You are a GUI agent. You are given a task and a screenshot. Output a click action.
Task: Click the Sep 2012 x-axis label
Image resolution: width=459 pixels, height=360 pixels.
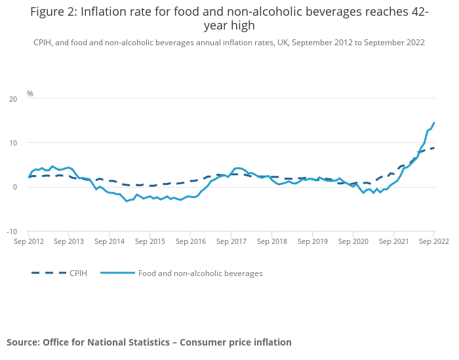[x=29, y=241]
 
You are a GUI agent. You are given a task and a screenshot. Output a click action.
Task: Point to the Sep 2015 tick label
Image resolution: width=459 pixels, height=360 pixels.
[x=150, y=241]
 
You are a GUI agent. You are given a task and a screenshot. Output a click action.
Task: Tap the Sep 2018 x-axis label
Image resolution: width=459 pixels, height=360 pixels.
[x=271, y=241]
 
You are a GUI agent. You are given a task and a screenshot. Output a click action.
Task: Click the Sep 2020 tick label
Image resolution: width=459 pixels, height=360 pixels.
[x=353, y=241]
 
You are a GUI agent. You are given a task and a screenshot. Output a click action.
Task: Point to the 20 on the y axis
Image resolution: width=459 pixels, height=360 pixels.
[x=13, y=99]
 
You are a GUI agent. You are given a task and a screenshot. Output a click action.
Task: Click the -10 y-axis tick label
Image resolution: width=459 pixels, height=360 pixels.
[x=12, y=231]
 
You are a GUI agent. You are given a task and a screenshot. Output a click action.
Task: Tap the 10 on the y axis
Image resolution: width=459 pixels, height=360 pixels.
[x=13, y=143]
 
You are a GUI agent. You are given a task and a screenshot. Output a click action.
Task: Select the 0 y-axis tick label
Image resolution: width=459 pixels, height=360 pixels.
[x=15, y=188]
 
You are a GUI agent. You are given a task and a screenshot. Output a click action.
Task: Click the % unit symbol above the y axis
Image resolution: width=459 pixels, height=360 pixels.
[x=30, y=94]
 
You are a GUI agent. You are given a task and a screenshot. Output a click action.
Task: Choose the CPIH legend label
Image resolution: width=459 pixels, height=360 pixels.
[x=78, y=273]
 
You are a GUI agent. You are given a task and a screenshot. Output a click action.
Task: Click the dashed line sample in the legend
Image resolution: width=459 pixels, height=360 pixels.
[x=49, y=273]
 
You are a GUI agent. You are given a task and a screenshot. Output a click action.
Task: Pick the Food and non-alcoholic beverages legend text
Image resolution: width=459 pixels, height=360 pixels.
[x=200, y=273]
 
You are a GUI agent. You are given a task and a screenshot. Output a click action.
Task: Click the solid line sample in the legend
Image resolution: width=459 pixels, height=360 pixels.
[x=118, y=273]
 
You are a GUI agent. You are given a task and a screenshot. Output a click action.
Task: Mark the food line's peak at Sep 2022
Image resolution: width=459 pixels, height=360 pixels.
[x=434, y=123]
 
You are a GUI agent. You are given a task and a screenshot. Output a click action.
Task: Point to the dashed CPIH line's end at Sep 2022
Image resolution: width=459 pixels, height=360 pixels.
[x=434, y=148]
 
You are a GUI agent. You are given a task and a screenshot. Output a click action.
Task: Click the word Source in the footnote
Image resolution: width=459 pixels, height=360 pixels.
[x=23, y=342]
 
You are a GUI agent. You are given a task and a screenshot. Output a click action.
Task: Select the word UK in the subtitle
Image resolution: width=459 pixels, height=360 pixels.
[x=280, y=43]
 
